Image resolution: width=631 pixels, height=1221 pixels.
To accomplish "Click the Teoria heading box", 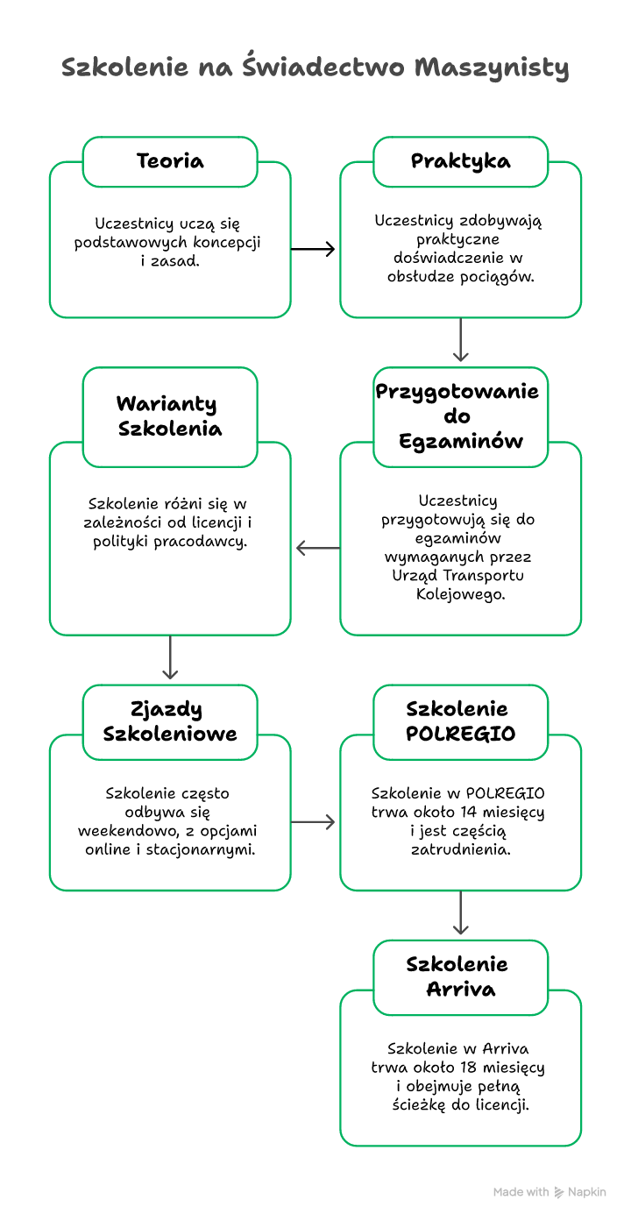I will [x=170, y=161].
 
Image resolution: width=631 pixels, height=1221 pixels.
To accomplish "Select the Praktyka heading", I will [x=460, y=161].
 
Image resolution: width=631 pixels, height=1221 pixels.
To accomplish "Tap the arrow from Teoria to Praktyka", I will [x=313, y=250].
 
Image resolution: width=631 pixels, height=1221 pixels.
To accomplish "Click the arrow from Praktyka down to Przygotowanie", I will [x=461, y=340].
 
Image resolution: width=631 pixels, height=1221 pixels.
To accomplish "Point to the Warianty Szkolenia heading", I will [x=170, y=416].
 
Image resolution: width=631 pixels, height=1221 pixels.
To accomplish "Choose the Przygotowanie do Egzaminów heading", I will [x=460, y=415].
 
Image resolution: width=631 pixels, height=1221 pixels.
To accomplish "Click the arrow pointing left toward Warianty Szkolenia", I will [x=317, y=549].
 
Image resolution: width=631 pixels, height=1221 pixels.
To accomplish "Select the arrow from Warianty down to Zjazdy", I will [x=170, y=657].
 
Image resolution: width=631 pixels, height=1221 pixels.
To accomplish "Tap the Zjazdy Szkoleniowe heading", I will [x=170, y=721].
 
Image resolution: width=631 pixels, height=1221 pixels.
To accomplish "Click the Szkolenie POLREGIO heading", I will [x=460, y=721].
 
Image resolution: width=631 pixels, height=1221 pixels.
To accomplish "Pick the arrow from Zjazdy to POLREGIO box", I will [x=313, y=822].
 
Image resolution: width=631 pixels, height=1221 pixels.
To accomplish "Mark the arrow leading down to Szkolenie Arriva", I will [x=461, y=912].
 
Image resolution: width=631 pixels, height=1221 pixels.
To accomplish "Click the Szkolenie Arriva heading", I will [x=460, y=976].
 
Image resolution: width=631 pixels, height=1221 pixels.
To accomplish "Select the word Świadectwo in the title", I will [x=323, y=67].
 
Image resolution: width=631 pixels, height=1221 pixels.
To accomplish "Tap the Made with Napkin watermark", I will [x=549, y=1192].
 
